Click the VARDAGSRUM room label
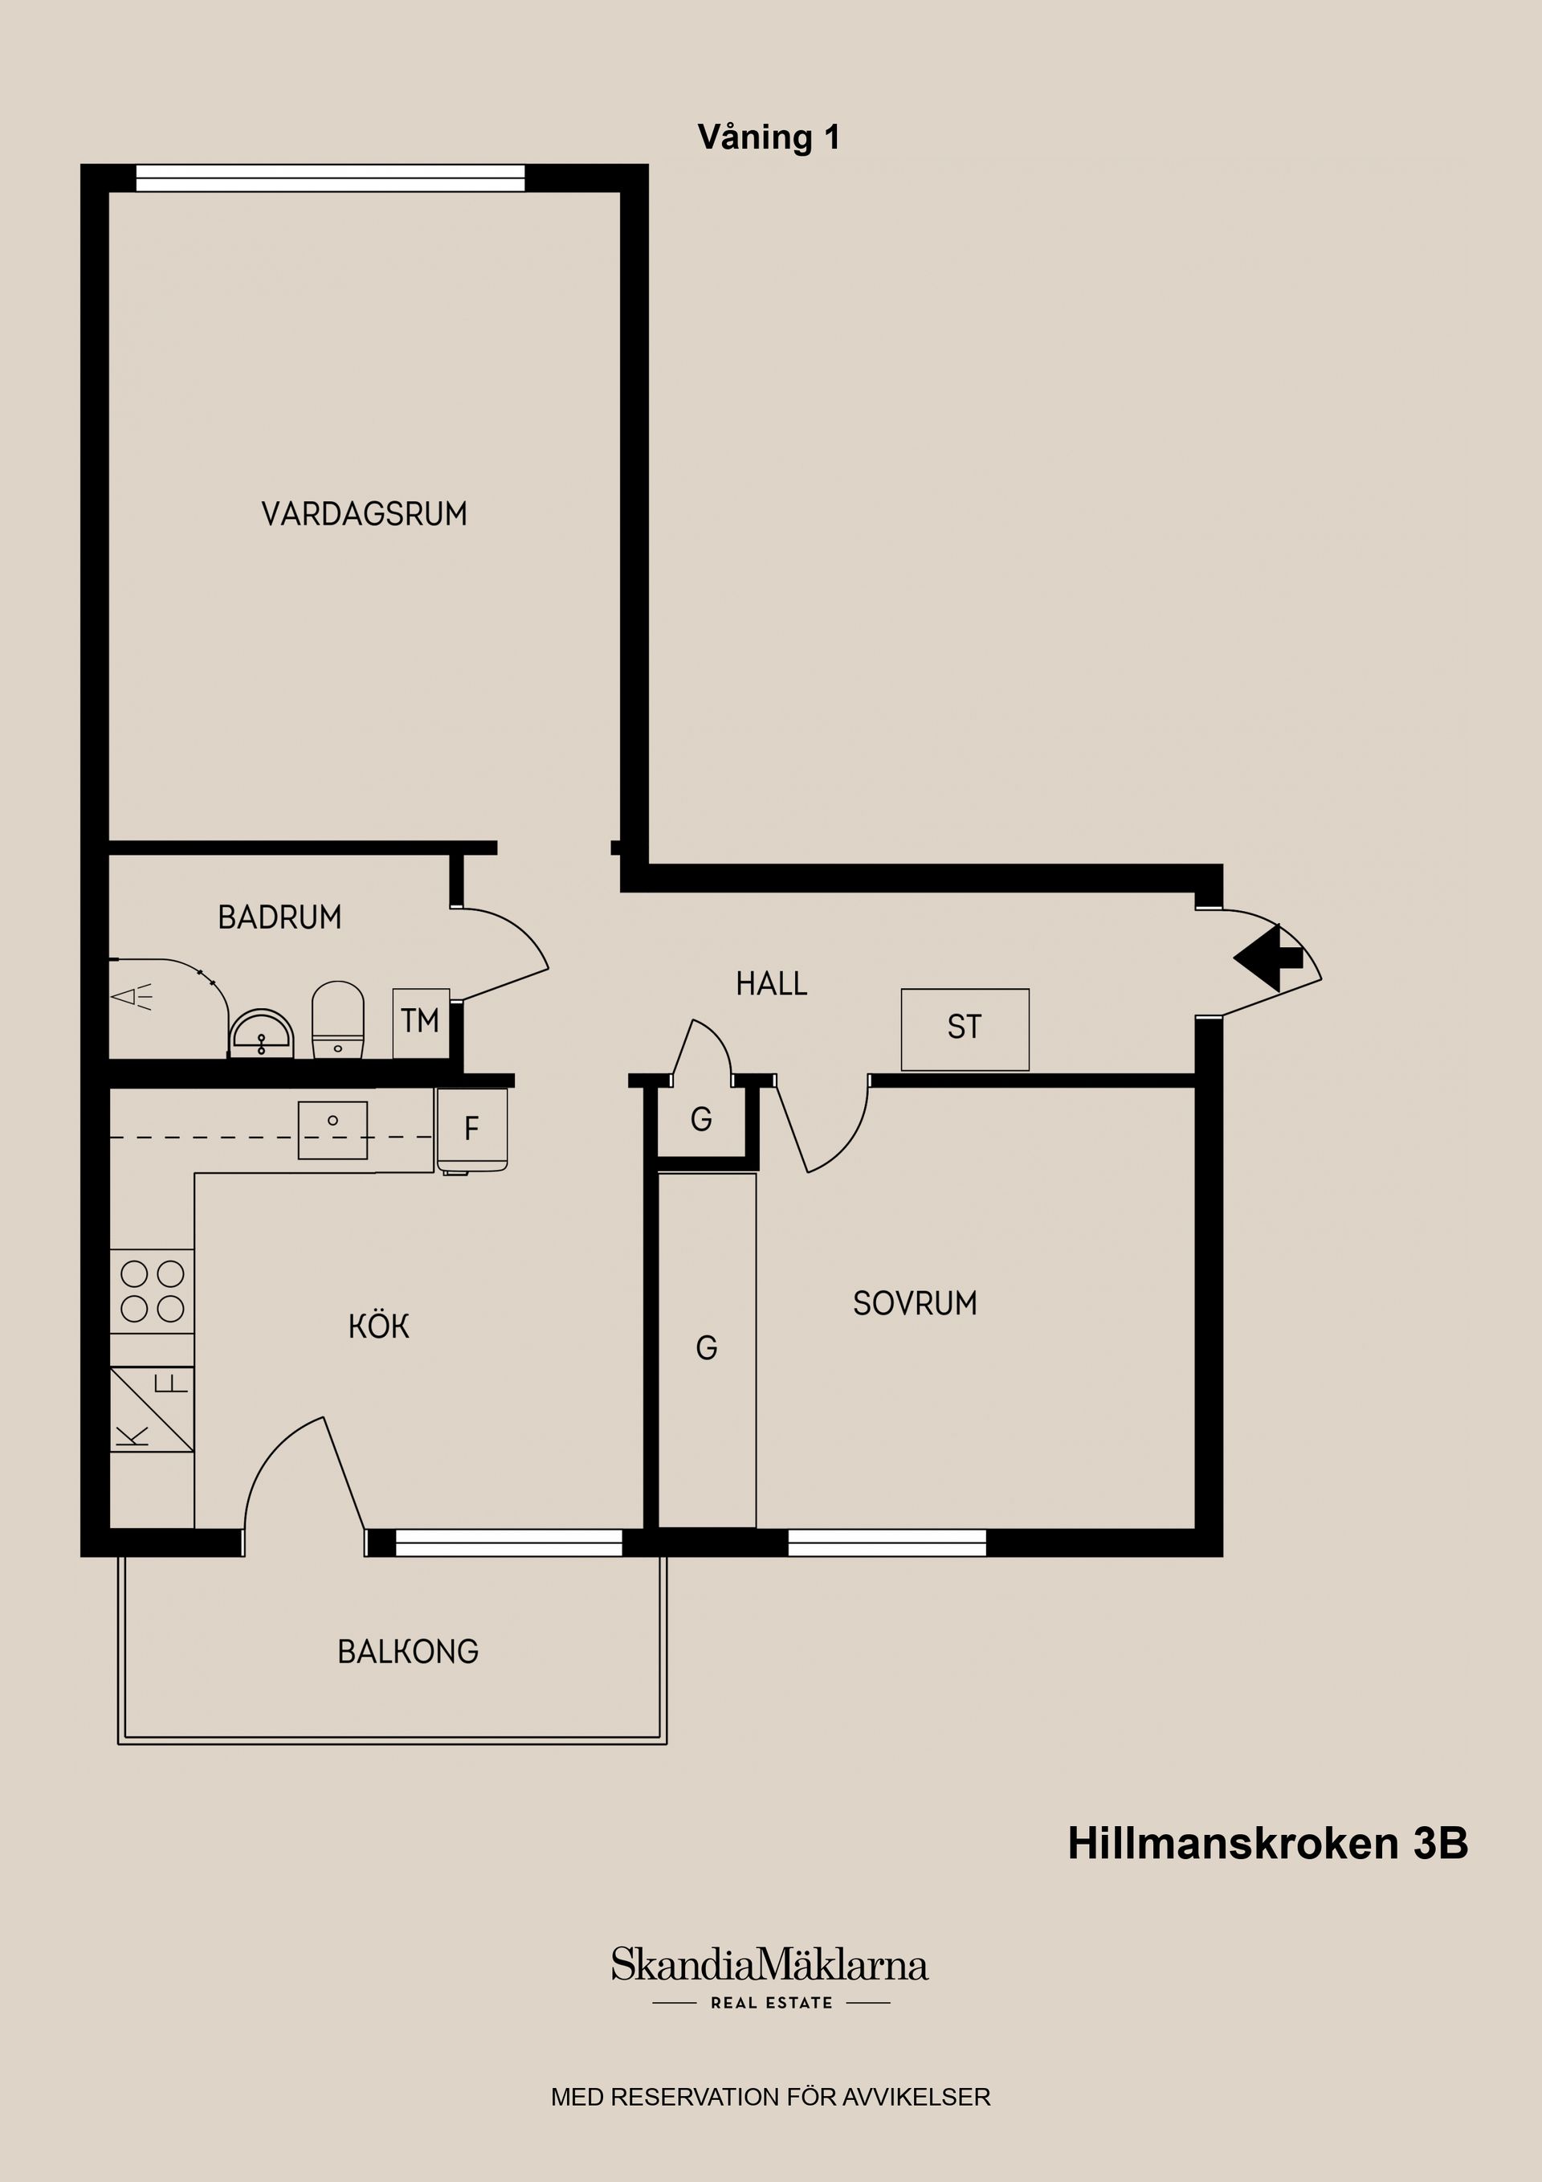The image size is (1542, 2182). point(364,514)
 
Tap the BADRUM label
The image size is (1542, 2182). point(279,917)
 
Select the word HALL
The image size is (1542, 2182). point(770,983)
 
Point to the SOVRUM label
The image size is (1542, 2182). point(914,1303)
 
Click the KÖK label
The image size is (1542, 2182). point(378,1326)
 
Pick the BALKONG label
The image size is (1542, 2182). point(408,1651)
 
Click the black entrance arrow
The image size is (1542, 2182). point(1267,958)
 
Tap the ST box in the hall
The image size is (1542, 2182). point(965,1028)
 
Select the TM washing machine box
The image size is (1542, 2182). point(420,1022)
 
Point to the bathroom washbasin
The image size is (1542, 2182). point(261,1034)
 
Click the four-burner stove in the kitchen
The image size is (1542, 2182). point(152,1290)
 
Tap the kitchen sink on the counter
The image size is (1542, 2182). point(332,1129)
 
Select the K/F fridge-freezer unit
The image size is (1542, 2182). point(152,1409)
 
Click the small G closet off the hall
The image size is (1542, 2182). point(701,1119)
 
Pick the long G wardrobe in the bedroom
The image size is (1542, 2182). point(706,1347)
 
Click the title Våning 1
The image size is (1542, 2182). point(769,138)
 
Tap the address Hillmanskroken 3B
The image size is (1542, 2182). point(1267,1844)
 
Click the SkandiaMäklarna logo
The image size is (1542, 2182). point(769,1964)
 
